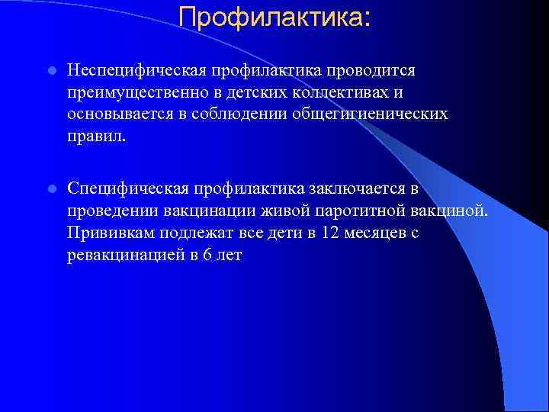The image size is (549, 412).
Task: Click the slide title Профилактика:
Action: (x=275, y=17)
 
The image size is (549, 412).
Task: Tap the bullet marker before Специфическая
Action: (x=50, y=188)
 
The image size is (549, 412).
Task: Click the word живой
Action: (x=271, y=210)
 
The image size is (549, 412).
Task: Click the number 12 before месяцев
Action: (x=330, y=232)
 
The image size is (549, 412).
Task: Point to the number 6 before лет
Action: (x=207, y=255)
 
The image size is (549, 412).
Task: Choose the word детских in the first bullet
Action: (x=242, y=92)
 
